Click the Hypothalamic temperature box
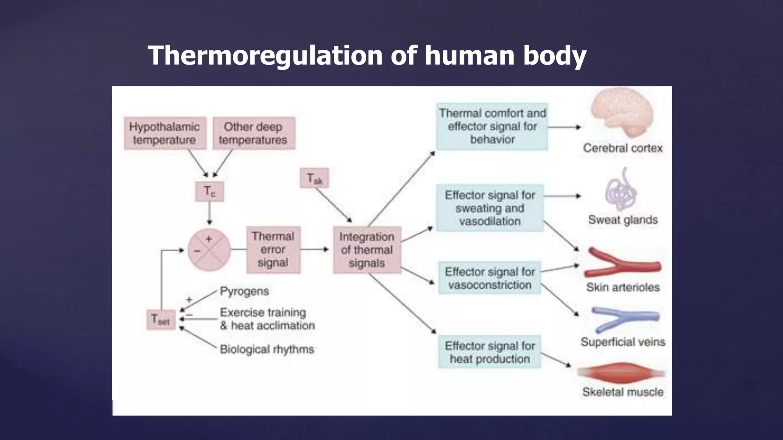[x=165, y=133]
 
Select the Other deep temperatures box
[x=253, y=133]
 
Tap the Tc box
[x=209, y=191]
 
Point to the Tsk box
[x=314, y=178]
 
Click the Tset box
[x=161, y=320]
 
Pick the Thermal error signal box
[x=273, y=250]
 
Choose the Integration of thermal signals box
[x=367, y=250]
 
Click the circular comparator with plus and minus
[x=209, y=250]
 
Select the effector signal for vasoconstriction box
[x=489, y=278]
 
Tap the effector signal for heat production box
[x=489, y=352]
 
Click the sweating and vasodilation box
[x=489, y=208]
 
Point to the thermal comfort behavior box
[x=492, y=126]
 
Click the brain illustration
[x=622, y=113]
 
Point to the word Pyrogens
[x=244, y=291]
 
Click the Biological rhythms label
[x=267, y=349]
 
